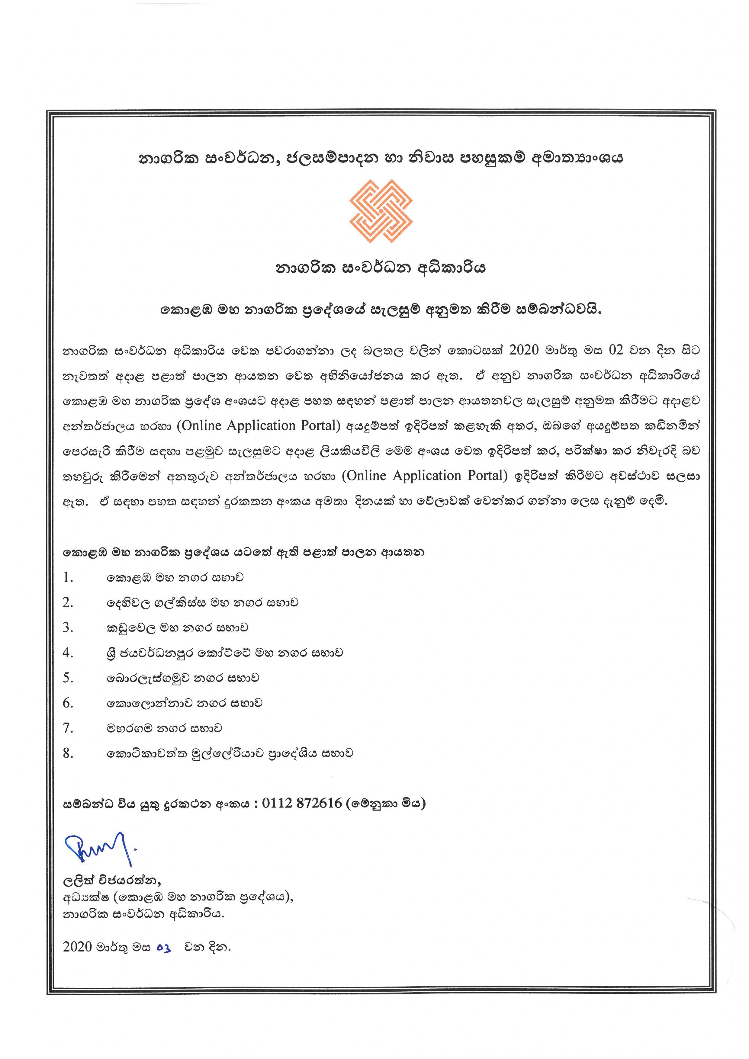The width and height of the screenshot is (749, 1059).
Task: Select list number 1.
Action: (68, 577)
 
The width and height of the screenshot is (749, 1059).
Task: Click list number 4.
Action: (68, 653)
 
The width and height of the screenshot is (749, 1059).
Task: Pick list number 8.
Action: (68, 753)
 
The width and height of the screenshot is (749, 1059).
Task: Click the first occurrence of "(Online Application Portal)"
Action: (259, 425)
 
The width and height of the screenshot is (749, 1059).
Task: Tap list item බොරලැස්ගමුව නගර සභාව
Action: (183, 678)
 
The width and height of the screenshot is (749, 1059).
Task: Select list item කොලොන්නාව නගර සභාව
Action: (185, 703)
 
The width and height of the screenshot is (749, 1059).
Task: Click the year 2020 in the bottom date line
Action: (78, 947)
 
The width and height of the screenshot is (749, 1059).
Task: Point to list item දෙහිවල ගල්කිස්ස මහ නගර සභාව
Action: (202, 602)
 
